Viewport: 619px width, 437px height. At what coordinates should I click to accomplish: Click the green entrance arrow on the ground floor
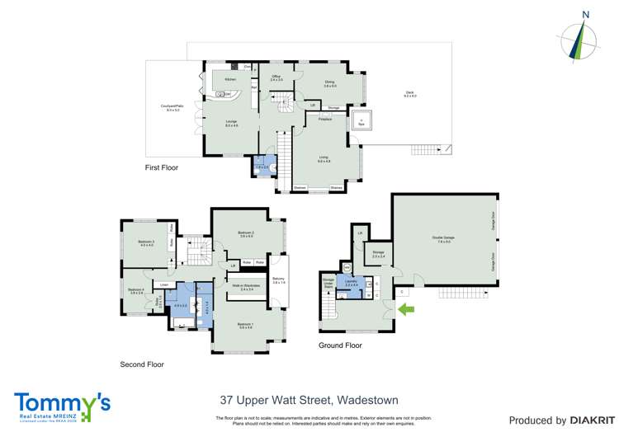tap(408, 309)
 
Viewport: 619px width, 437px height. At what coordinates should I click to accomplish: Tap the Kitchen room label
tap(230, 79)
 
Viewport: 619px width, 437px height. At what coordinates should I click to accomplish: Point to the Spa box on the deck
tap(361, 122)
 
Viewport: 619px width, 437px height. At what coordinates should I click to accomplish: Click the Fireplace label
tap(325, 119)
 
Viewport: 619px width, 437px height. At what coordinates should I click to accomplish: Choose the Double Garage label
tap(442, 238)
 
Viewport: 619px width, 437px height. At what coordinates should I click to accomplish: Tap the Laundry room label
tap(352, 281)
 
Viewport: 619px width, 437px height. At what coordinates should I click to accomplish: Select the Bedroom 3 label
tap(148, 241)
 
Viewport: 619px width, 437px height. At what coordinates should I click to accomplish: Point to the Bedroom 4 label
tap(136, 289)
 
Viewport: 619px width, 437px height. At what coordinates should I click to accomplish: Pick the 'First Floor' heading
tap(161, 167)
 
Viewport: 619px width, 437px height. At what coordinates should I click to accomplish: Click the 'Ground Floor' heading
tap(340, 345)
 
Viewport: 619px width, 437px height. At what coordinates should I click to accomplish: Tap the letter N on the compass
tap(585, 14)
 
